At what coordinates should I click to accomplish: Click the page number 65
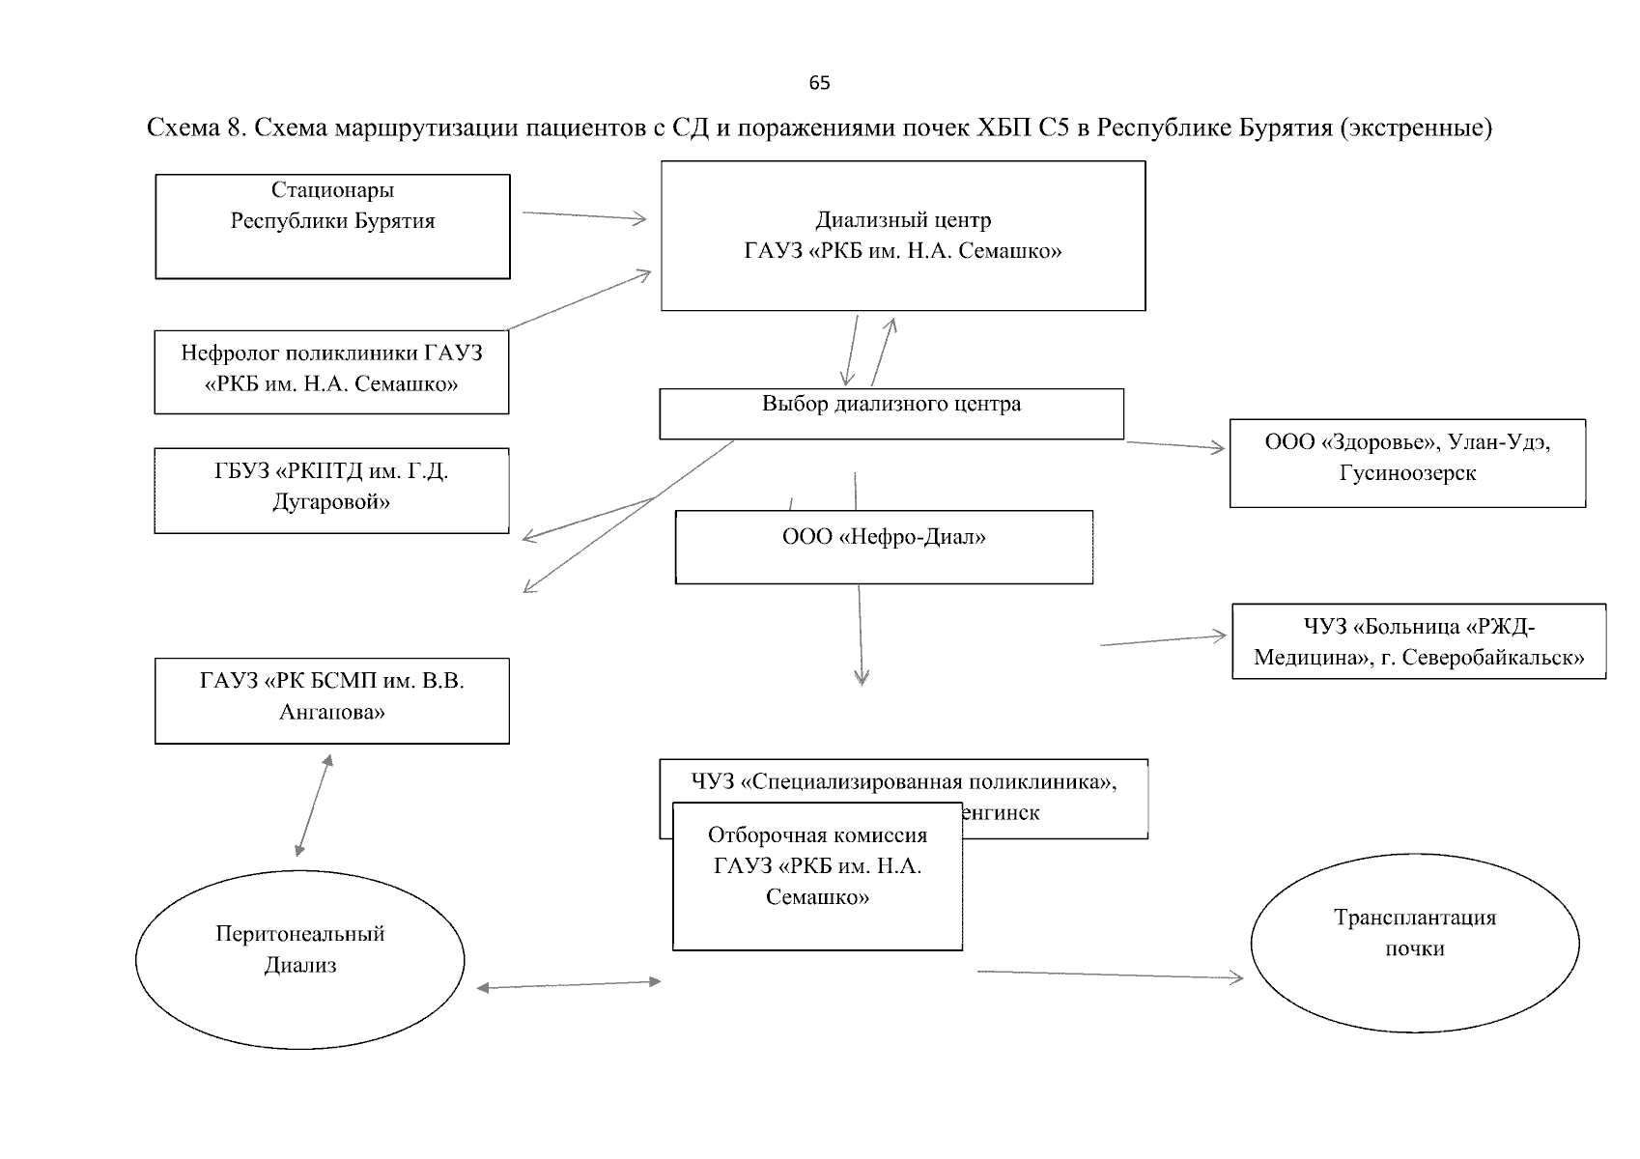[x=819, y=83]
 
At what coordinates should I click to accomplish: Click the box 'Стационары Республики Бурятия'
[x=332, y=226]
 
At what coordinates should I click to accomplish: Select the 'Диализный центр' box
[x=903, y=236]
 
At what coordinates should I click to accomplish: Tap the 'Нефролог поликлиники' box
[x=331, y=371]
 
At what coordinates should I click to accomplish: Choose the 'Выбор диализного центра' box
[x=891, y=413]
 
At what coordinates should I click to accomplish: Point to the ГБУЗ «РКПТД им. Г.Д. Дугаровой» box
[x=331, y=490]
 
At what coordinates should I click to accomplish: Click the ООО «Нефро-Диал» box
[x=884, y=547]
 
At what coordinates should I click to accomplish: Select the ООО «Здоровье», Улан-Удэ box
[x=1407, y=463]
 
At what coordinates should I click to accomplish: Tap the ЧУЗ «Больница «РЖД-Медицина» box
[x=1418, y=642]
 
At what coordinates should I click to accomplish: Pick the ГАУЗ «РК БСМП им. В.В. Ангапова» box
[x=331, y=700]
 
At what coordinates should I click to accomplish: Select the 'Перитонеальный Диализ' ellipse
[x=300, y=961]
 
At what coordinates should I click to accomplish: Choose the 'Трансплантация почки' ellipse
[x=1414, y=944]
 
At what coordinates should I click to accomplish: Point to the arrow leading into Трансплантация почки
[x=1111, y=975]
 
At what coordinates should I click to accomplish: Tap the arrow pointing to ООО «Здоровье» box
[x=1175, y=445]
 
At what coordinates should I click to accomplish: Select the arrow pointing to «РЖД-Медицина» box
[x=1164, y=640]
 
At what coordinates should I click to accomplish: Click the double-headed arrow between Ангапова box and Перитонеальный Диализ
[x=313, y=806]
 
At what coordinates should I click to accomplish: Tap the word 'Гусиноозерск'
[x=1407, y=474]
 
